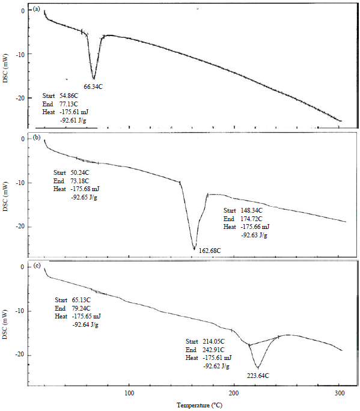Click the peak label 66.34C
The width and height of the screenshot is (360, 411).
93,87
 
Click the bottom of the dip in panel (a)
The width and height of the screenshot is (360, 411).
94,78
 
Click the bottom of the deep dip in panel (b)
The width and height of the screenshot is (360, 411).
194,248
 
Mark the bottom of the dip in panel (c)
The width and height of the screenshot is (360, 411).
258,368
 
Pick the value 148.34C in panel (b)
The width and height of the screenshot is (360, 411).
251,211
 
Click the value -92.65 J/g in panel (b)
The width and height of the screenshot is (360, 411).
85,196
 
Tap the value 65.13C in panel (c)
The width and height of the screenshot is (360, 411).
81,300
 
